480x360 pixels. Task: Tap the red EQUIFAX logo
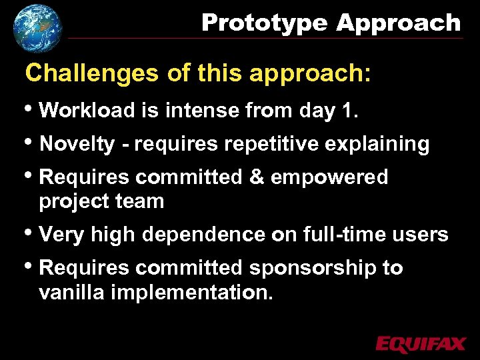420,344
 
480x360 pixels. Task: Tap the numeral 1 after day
346,110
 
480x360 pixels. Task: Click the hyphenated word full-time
345,235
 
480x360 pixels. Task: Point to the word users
420,235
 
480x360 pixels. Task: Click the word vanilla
73,292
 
